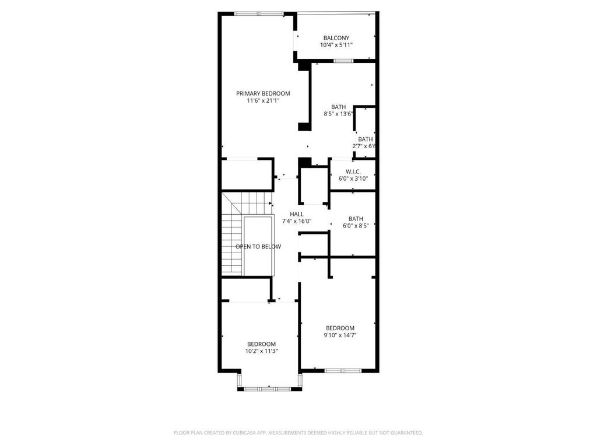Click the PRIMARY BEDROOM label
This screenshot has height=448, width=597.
(263, 93)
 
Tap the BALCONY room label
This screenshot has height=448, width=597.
(336, 38)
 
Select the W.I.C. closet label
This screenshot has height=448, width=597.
(353, 171)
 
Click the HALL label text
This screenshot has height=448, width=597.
(297, 214)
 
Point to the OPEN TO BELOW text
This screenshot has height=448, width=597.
(258, 247)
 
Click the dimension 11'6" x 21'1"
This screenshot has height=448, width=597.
(263, 101)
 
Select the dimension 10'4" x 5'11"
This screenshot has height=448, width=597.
(336, 45)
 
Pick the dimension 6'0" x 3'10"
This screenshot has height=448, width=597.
(353, 178)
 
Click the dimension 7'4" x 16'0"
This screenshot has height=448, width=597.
(297, 221)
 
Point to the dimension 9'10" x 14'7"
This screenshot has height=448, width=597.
(340, 335)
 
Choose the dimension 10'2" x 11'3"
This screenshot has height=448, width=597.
(261, 351)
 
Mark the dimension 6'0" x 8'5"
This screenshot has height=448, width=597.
(356, 226)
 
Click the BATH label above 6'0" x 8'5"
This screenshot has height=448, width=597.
(356, 219)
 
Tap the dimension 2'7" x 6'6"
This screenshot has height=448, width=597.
(364, 146)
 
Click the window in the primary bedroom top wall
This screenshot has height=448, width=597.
(259, 14)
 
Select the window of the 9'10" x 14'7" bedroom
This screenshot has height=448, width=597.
(343, 370)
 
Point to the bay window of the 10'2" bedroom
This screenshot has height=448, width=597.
(269, 388)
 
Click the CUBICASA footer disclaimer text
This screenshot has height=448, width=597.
(298, 433)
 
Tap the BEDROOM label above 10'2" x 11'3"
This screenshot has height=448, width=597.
(261, 344)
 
